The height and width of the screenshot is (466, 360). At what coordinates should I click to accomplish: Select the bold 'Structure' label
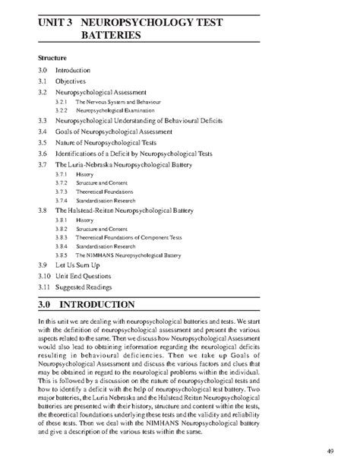52,58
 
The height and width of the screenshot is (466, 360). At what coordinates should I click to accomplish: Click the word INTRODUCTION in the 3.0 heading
109,305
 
